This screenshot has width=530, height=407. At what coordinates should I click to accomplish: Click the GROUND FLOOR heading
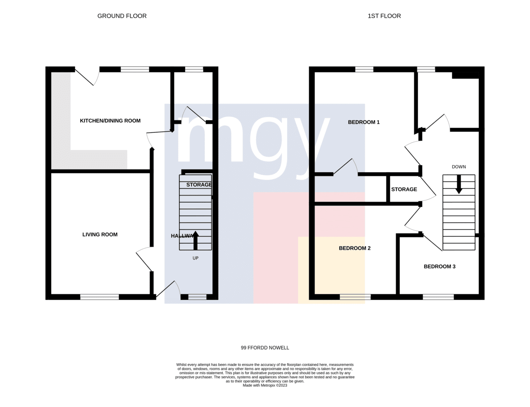(x=122, y=16)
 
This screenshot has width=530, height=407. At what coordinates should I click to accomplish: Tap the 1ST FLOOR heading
(x=384, y=16)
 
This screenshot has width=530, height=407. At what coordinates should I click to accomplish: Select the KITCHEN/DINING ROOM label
(x=110, y=121)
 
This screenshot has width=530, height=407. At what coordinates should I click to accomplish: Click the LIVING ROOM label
(x=100, y=234)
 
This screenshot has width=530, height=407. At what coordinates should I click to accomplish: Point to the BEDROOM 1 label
(x=363, y=122)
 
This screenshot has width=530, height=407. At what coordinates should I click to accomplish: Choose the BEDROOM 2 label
(x=355, y=248)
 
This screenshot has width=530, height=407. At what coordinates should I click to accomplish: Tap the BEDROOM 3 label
(x=439, y=266)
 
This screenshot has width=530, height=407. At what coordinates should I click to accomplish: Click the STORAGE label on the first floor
(x=404, y=189)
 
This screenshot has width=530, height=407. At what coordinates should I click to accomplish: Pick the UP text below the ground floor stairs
(x=195, y=258)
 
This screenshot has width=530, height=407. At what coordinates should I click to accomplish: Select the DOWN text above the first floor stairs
(x=459, y=167)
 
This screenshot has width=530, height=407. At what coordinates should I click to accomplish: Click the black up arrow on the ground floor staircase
(x=195, y=241)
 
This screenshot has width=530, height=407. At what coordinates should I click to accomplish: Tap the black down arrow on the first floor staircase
(x=459, y=184)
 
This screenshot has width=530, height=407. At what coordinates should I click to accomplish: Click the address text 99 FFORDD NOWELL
(x=265, y=348)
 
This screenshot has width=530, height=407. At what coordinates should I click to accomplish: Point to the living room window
(x=99, y=297)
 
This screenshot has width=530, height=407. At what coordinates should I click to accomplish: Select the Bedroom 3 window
(x=438, y=297)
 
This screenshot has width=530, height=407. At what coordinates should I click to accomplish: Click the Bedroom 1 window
(x=364, y=69)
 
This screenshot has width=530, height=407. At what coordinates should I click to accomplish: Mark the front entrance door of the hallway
(x=168, y=289)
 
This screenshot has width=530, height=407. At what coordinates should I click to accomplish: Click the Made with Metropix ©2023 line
(x=265, y=385)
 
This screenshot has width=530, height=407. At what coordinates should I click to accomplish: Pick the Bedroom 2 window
(x=355, y=297)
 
